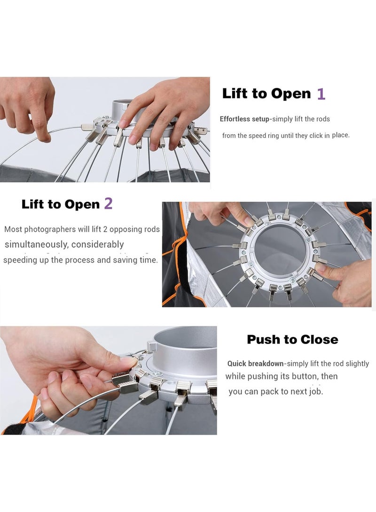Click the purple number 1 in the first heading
(321, 94)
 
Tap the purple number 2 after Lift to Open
(109, 203)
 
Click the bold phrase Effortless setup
(244, 119)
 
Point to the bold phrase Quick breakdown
(255, 363)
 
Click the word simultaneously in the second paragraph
(37, 245)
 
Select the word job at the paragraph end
(315, 391)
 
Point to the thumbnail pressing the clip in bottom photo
(130, 361)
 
